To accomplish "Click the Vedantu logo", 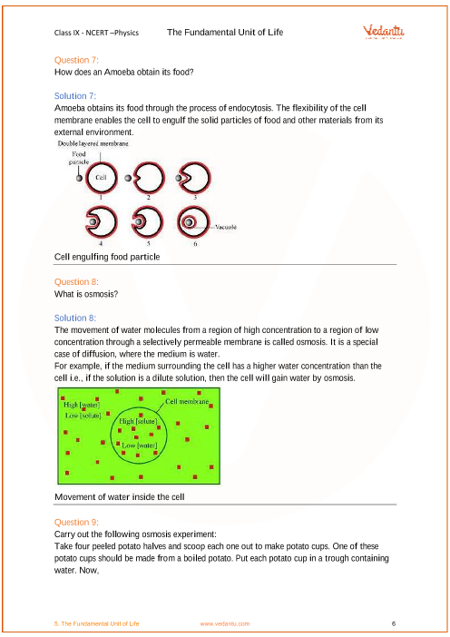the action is coord(384,32).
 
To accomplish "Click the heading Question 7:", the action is coord(76,60).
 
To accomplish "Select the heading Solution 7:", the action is coord(75,96).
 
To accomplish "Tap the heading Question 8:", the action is coord(76,282).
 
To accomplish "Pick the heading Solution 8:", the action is coord(75,318).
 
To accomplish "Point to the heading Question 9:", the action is coord(76,523).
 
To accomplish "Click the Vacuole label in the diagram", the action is coord(226,227).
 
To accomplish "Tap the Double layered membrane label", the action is coord(93,143).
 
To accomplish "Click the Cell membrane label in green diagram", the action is coord(187,401).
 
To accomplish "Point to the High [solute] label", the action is coord(138,421).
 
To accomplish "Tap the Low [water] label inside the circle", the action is coord(140,446).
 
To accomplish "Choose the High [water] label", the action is coord(82,405).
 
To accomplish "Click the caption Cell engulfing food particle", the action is coord(107,257).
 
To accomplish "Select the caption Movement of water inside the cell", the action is coord(120,497).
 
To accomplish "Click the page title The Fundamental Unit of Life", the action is coord(225,32).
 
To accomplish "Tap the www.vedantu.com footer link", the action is coord(225,623).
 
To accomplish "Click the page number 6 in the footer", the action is coord(394,623).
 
